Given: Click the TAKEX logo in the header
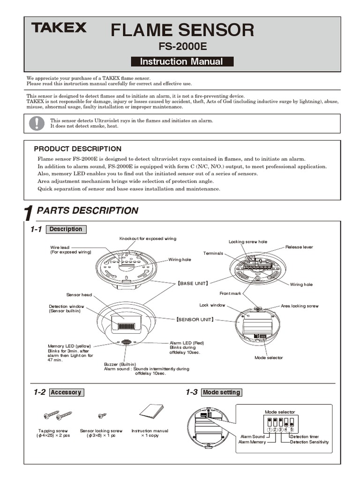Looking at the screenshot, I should coord(59,28).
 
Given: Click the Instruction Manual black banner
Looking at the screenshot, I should coord(181,61).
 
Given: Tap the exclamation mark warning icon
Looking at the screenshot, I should coord(36,123).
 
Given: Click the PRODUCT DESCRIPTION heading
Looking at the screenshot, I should coord(77,149).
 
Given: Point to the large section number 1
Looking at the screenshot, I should coord(29,214).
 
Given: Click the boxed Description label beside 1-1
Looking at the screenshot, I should coord(66,229).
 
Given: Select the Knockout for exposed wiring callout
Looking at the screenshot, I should coord(148,239).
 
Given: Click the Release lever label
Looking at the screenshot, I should coord(299,247).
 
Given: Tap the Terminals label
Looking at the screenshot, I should coord(213,254).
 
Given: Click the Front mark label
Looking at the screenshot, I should coord(230,293).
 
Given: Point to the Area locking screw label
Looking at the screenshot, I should coord(300,306).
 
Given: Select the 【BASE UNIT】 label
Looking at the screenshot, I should coord(193,284).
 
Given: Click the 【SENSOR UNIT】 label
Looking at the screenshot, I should coord(195,319).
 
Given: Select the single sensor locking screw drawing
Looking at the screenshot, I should coord(102,415).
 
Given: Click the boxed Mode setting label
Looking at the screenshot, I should coord(221,392).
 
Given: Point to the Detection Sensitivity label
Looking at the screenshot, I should coord(309,442).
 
